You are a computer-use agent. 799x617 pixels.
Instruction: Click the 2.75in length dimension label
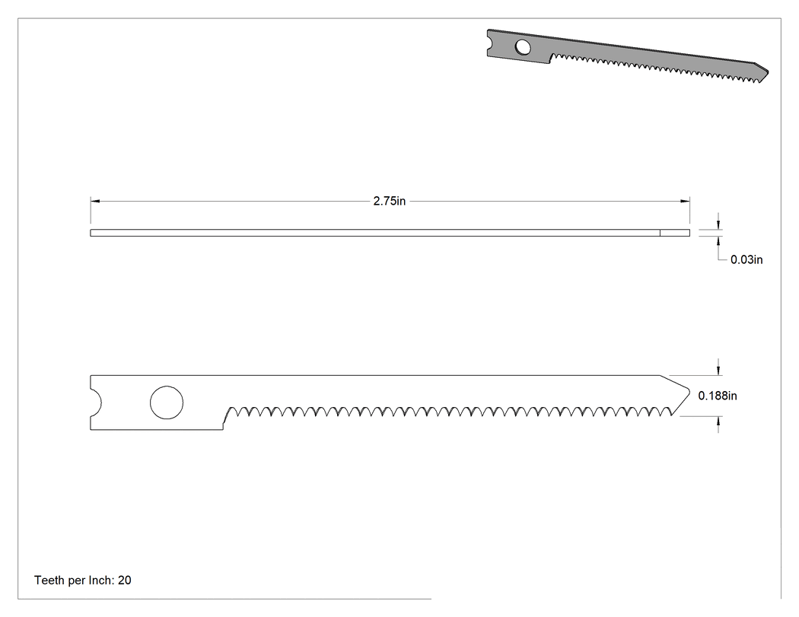point(390,202)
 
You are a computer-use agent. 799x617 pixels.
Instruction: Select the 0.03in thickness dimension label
point(746,260)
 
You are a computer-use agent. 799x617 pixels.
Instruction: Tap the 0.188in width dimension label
point(718,396)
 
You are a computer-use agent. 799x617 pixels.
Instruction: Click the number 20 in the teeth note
point(125,580)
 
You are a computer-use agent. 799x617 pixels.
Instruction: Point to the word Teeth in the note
point(49,580)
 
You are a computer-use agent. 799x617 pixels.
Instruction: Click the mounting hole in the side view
point(167,402)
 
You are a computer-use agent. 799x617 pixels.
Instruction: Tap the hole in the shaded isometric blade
point(523,47)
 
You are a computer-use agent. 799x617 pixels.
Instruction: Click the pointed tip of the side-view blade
point(690,393)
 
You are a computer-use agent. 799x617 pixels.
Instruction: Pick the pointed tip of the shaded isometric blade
point(768,72)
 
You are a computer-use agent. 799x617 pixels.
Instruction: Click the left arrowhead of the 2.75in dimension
point(95,202)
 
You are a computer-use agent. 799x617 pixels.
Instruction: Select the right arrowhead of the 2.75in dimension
point(686,202)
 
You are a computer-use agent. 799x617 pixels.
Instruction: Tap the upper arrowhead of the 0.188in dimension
point(718,371)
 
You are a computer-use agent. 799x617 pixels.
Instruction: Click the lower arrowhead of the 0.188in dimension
point(718,421)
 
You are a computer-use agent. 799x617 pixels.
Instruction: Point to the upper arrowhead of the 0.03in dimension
point(718,224)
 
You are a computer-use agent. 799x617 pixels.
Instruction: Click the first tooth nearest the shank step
point(231,411)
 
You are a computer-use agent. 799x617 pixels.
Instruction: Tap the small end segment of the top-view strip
point(675,233)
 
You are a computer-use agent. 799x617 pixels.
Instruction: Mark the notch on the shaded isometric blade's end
point(490,43)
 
